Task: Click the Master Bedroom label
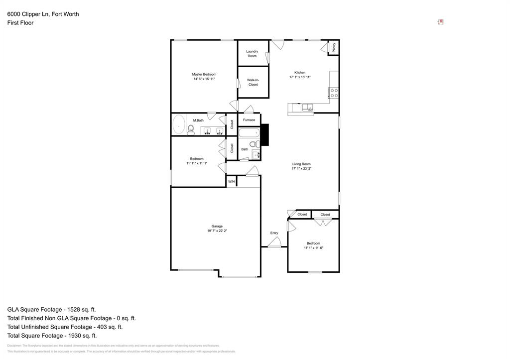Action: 204,74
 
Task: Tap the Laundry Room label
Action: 252,53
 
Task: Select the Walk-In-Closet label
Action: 253,82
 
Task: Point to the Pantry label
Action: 334,47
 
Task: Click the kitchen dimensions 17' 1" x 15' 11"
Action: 300,77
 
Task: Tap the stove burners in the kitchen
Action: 334,93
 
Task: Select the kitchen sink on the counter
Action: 307,107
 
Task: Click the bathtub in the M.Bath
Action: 178,124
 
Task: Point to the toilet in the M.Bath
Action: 191,130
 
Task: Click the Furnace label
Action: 249,120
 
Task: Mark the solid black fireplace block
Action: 265,134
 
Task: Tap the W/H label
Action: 231,182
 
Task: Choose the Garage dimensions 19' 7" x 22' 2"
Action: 217,231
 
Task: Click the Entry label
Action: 274,233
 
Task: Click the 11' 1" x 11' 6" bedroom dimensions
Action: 313,248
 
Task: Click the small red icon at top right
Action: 440,22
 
